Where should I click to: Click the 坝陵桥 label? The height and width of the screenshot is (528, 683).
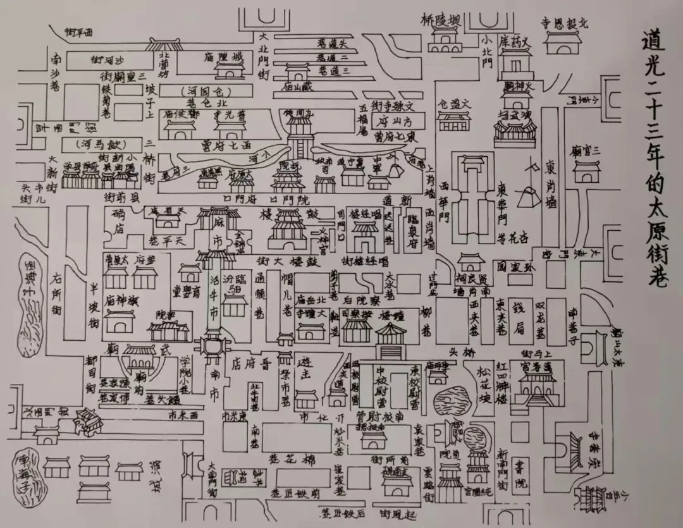(x=441, y=20)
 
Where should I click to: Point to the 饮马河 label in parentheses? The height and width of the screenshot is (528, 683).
(x=101, y=144)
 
